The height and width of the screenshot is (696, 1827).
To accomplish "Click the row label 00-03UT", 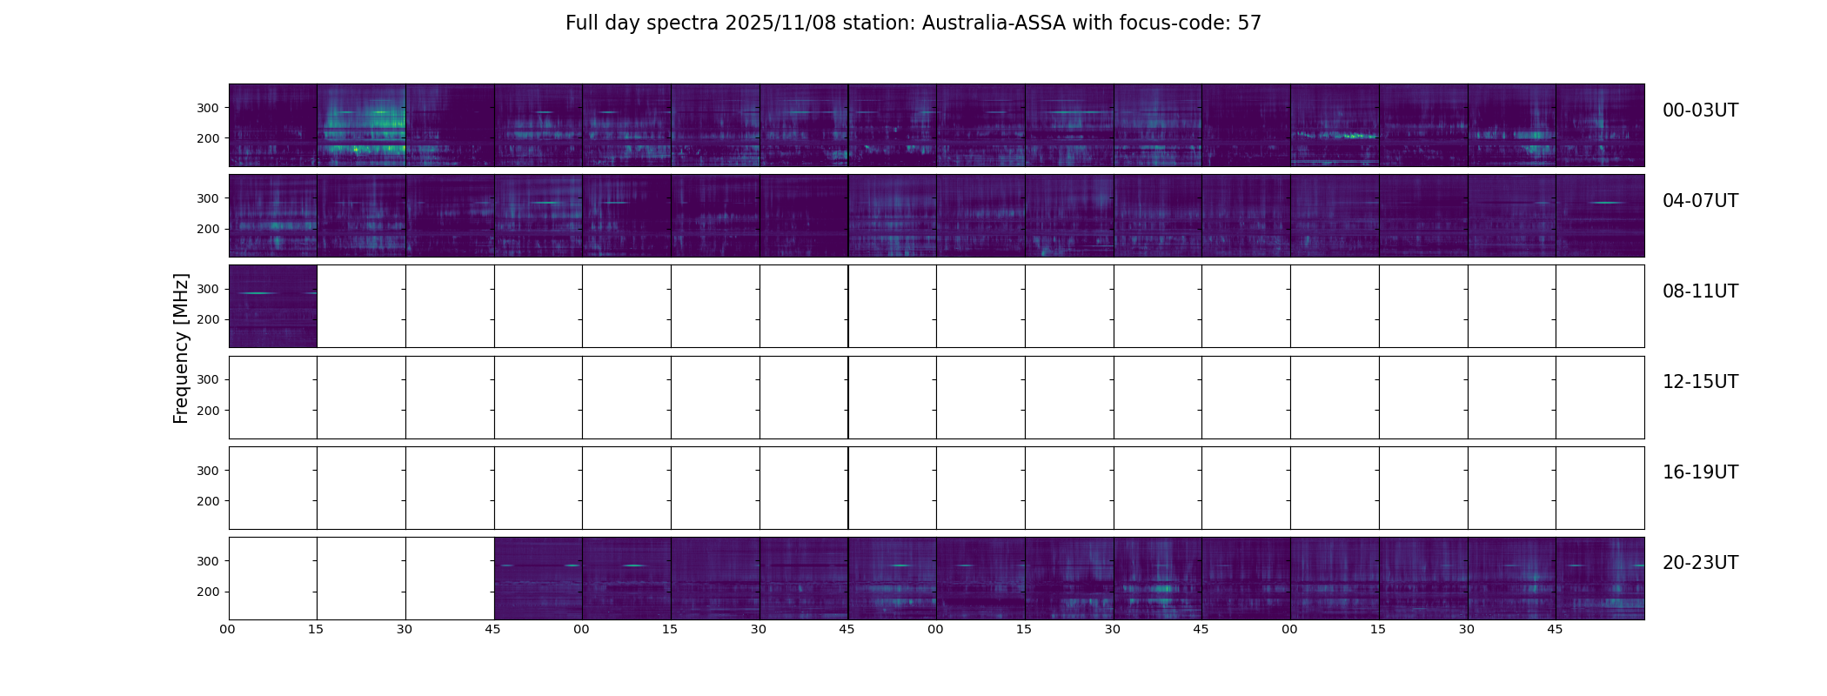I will (1700, 110).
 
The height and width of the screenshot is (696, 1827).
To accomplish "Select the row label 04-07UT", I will (1700, 201).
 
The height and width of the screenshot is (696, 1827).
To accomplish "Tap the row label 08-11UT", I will (1700, 291).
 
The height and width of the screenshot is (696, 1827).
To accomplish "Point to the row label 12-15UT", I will (1700, 382).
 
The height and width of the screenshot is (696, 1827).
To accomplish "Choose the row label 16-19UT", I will (1700, 472).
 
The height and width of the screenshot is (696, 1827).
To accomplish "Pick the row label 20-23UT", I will (1700, 563).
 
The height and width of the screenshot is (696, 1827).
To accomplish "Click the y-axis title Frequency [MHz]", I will (181, 348).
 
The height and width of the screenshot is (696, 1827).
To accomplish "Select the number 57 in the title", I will (1249, 23).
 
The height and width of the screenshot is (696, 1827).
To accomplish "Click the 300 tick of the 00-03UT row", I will (209, 108).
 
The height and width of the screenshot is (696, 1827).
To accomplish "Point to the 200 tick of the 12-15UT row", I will (209, 411).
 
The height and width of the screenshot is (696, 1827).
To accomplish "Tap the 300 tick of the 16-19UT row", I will (209, 471).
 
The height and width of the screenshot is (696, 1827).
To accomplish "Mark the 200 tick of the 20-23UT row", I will (209, 592).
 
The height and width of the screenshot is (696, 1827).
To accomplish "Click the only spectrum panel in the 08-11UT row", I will (273, 306).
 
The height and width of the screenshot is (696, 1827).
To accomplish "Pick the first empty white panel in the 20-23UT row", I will (273, 579).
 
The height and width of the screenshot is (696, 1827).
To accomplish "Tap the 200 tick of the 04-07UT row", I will (209, 229).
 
